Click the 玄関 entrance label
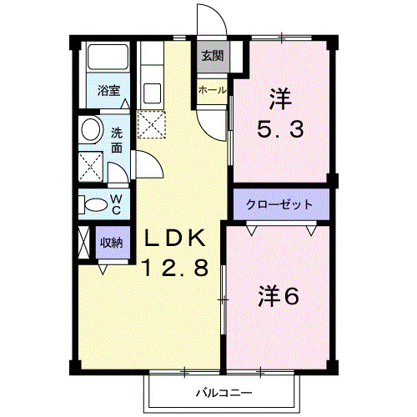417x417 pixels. pyautogui.click(x=212, y=57)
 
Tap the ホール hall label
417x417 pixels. pyautogui.click(x=212, y=89)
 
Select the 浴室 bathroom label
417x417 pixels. pyautogui.click(x=107, y=90)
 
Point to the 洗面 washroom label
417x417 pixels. pyautogui.click(x=117, y=138)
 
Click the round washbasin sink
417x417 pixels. pyautogui.click(x=90, y=130)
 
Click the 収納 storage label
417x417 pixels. pyautogui.click(x=112, y=243)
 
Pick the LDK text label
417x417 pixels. pyautogui.click(x=176, y=238)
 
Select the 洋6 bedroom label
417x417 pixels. pyautogui.click(x=277, y=296)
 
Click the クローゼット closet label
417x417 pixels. pyautogui.click(x=279, y=204)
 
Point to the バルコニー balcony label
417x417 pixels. pyautogui.click(x=224, y=391)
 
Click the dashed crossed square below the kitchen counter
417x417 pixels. pyautogui.click(x=152, y=125)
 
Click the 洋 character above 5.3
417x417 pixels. pyautogui.click(x=280, y=99)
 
